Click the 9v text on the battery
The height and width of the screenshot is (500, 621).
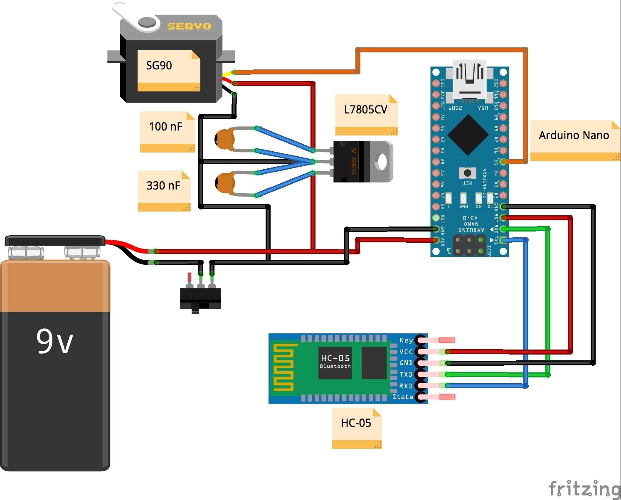[54, 342]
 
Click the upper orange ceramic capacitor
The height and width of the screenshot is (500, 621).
[225, 139]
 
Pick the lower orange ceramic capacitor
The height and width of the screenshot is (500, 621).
[225, 183]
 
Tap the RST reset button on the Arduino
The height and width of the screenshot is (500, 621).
[467, 172]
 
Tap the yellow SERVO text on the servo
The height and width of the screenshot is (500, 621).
[189, 26]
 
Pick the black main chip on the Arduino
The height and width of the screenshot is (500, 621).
[468, 134]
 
